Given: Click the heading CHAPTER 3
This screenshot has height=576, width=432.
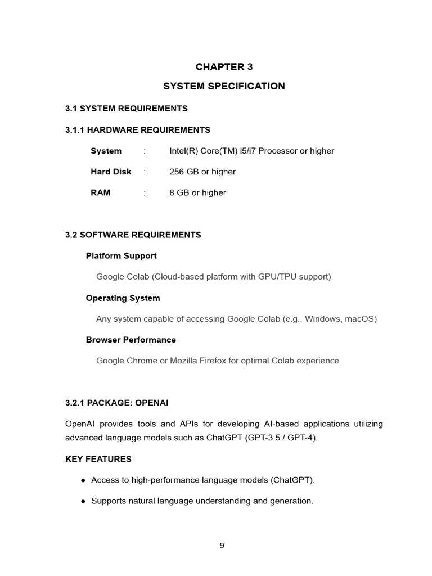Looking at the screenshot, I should [224, 67].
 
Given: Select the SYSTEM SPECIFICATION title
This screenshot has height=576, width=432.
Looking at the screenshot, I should [224, 86].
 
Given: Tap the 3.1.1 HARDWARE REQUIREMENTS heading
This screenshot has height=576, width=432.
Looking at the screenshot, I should [138, 130].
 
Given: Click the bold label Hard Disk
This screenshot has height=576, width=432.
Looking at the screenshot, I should [111, 172].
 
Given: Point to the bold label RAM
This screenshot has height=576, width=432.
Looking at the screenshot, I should [101, 192].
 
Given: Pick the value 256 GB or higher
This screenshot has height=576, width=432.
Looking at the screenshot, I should [202, 172].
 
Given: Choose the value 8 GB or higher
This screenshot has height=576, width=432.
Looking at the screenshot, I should [197, 192].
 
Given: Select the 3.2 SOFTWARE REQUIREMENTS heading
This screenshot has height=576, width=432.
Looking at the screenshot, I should [133, 235].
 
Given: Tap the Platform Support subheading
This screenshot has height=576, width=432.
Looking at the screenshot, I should [121, 256].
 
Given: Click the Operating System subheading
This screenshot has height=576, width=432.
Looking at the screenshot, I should [123, 298].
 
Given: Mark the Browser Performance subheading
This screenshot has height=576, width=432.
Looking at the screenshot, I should [130, 340].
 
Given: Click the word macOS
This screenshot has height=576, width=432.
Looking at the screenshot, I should [359, 319].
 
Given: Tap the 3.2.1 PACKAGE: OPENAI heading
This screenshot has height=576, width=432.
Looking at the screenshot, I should [117, 403].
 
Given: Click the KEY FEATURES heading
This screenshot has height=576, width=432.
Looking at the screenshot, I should [98, 459].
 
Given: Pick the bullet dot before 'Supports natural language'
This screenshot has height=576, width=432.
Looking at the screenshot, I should [83, 501].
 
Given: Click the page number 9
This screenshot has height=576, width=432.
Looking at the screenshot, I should [222, 545].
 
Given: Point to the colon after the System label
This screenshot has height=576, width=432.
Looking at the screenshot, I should [145, 151].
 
